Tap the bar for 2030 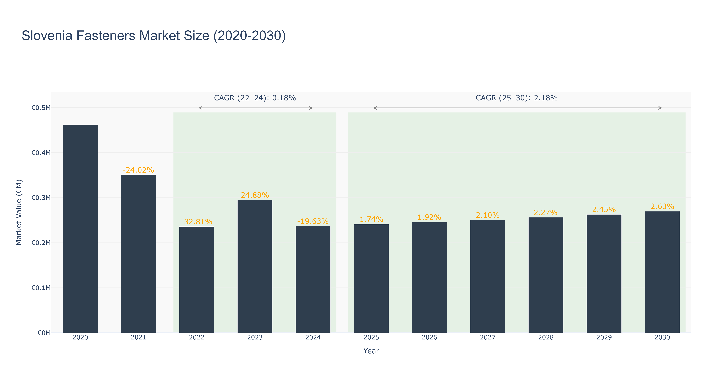click(x=662, y=272)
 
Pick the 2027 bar click(x=488, y=276)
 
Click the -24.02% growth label click(x=138, y=170)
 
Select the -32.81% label click(x=197, y=222)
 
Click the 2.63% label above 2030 click(x=662, y=206)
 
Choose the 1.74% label click(x=371, y=219)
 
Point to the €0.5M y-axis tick click(x=41, y=108)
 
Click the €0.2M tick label click(x=41, y=243)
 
